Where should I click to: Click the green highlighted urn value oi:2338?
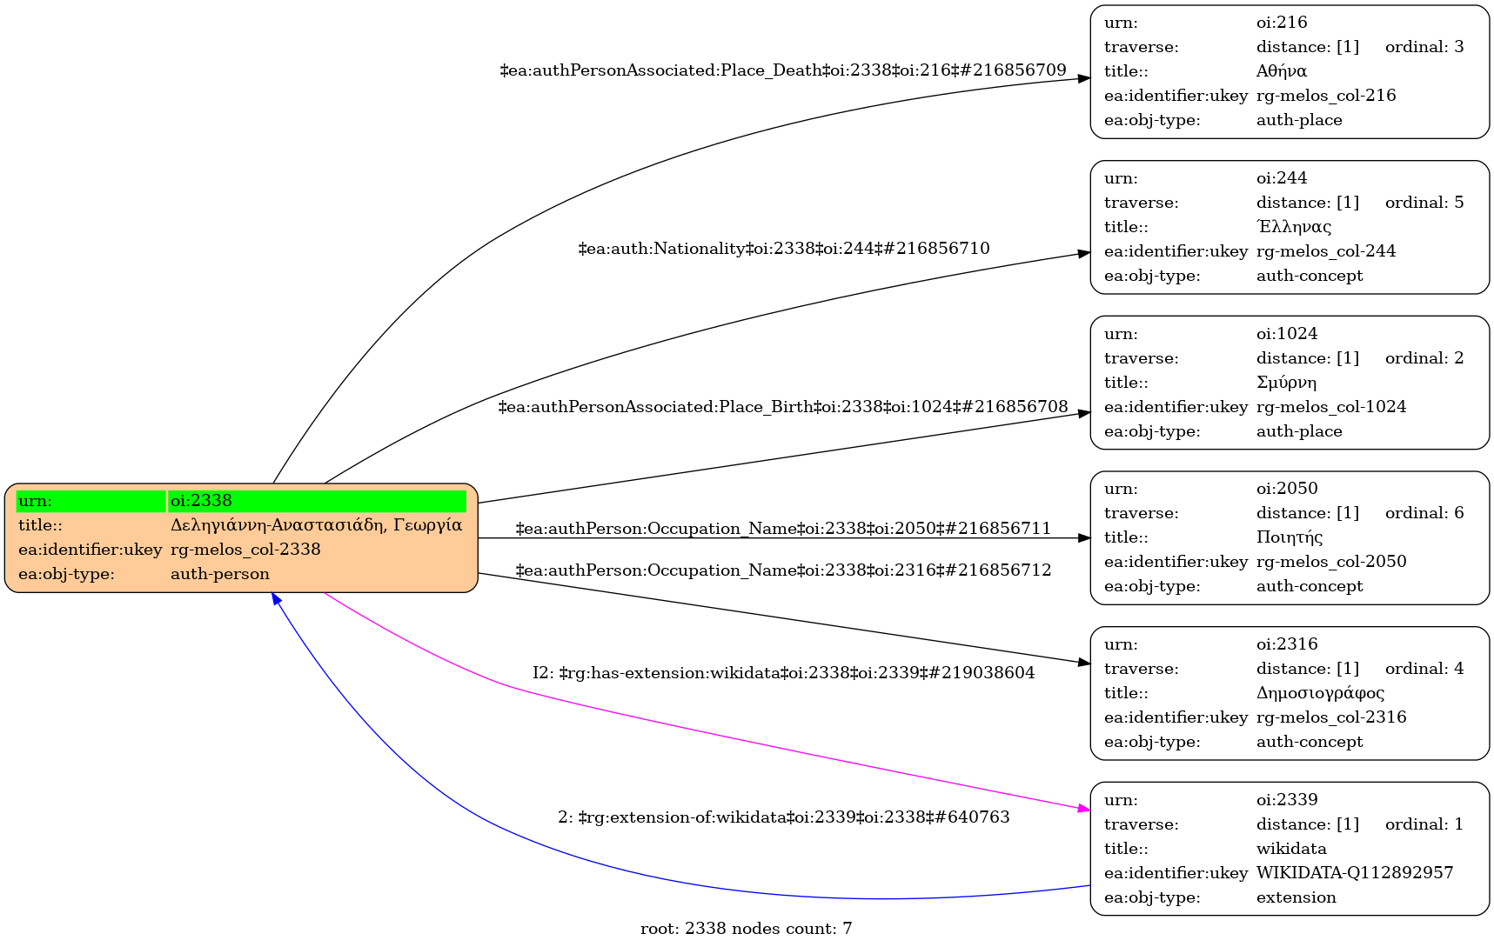point(202,501)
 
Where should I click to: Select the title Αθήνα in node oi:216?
point(1282,71)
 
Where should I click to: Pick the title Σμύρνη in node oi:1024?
point(1286,383)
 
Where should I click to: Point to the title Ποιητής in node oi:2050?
point(1290,537)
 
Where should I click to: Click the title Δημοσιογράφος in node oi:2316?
point(1320,693)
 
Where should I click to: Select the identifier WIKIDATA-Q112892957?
point(1355,873)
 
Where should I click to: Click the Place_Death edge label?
point(783,70)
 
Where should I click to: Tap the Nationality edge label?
point(784,249)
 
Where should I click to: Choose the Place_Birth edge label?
point(783,407)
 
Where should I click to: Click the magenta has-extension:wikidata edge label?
point(784,673)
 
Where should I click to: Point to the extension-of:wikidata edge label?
point(784,817)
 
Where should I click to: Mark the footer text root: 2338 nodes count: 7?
point(747,929)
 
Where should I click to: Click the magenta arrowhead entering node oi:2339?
point(1084,810)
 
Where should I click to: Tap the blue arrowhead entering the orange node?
point(276,599)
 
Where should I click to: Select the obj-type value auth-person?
point(220,574)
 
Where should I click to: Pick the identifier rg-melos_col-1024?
point(1331,407)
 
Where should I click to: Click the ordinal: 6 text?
point(1424,513)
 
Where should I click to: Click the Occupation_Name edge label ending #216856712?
point(783,570)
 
